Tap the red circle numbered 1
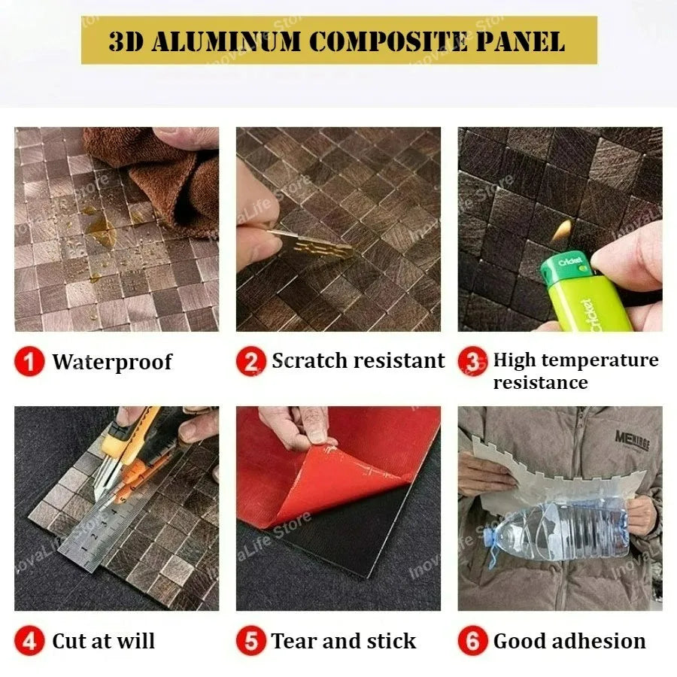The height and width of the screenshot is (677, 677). coord(29,361)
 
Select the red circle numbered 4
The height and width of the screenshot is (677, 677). coord(29,641)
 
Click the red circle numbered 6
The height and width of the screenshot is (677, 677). coord(473,641)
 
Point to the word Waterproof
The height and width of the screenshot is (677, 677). coord(112,362)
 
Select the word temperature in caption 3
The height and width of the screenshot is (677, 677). coord(599,360)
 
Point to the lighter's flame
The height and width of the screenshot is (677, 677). coord(563,231)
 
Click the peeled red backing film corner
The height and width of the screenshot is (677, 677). coord(337,479)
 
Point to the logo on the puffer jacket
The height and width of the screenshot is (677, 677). coord(632,441)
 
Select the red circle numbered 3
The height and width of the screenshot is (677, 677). coord(473,361)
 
